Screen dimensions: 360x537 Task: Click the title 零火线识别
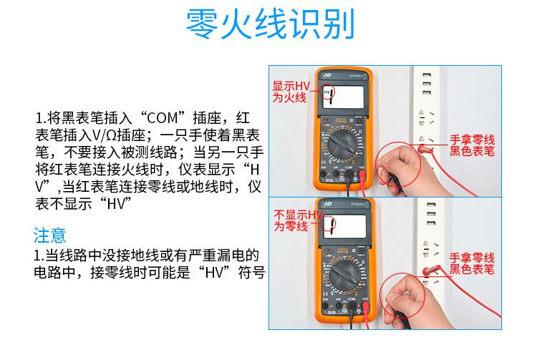[x=268, y=26]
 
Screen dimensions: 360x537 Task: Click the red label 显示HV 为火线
[x=289, y=91]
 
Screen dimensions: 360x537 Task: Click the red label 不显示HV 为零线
[x=291, y=220]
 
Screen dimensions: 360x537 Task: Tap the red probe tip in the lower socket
[x=426, y=272]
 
